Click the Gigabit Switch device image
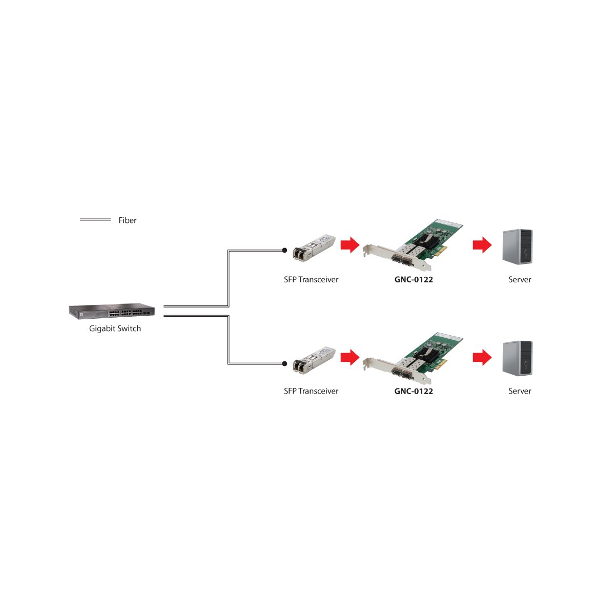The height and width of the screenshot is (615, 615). (x=112, y=311)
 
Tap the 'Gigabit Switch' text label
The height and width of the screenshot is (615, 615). (x=115, y=329)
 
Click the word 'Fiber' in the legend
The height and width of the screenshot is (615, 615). (x=127, y=220)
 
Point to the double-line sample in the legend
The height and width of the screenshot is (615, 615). (x=95, y=219)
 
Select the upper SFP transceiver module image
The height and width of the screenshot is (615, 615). (x=314, y=248)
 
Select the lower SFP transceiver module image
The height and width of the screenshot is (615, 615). (x=314, y=360)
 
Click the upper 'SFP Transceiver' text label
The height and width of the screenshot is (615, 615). (x=311, y=280)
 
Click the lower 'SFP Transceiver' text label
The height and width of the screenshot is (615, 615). (x=311, y=391)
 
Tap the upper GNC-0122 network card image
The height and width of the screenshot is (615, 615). (x=413, y=245)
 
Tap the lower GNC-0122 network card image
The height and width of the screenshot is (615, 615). (x=413, y=358)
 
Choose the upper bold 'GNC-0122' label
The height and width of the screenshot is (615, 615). (x=414, y=280)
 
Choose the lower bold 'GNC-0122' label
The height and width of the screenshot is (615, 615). (x=414, y=391)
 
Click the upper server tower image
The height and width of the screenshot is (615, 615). (x=518, y=247)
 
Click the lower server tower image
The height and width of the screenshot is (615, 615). (x=518, y=358)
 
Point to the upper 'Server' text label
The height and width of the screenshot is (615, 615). (x=520, y=280)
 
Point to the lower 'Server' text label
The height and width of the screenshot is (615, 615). (x=520, y=391)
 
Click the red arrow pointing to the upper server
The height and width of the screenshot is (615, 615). (x=482, y=245)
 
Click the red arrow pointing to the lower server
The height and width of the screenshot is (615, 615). (x=482, y=357)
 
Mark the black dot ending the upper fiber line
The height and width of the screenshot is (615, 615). (x=284, y=250)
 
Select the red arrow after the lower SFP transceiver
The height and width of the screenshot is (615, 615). (x=350, y=357)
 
